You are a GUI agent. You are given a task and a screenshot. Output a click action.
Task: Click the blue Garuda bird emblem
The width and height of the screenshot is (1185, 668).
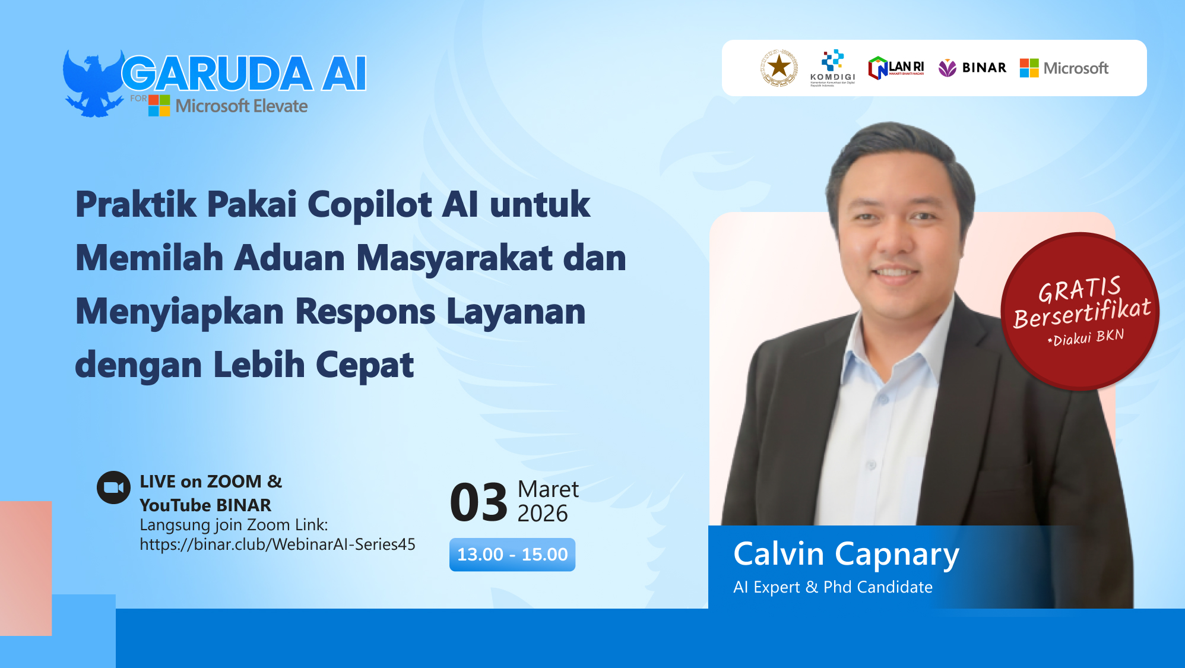[x=92, y=83]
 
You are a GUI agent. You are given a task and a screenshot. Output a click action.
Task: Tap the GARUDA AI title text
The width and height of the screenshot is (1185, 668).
[x=244, y=74]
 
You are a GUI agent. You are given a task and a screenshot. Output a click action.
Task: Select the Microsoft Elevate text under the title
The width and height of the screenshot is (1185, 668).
[x=241, y=106]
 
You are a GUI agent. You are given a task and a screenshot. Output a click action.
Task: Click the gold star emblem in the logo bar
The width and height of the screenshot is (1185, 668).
[x=779, y=68]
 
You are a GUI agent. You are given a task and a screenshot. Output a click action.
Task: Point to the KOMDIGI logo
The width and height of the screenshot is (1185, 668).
[x=832, y=68]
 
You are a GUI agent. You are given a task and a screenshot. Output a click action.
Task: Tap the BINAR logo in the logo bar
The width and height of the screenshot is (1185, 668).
[x=972, y=68]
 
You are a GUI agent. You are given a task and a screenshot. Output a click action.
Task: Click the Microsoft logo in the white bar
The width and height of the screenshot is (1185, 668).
[x=1064, y=68]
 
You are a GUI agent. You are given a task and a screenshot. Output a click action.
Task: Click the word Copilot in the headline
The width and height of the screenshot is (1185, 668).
[x=370, y=205]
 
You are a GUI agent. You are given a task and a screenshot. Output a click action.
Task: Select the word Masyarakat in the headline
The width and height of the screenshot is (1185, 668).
[x=454, y=258]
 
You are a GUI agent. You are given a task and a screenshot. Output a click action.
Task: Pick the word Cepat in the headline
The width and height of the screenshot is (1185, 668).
[x=364, y=365]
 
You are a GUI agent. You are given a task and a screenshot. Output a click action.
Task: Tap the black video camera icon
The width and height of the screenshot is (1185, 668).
[x=113, y=487]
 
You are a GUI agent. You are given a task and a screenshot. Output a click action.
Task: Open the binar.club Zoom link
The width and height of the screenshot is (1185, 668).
[x=277, y=544]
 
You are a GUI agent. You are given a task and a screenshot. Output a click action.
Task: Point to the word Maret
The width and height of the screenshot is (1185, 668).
[x=548, y=489]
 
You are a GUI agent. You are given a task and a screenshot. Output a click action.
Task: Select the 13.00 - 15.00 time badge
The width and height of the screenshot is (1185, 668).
[x=512, y=555]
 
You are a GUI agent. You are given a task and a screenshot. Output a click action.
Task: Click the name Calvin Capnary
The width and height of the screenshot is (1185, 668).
[x=846, y=554]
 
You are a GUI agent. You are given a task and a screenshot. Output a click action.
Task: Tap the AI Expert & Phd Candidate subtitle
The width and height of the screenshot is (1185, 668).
[x=832, y=587]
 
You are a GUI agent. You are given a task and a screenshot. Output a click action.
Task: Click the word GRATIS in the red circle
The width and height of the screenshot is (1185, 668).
[x=1079, y=290]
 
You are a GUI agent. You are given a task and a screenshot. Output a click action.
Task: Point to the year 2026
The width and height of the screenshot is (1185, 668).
[x=543, y=514]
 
